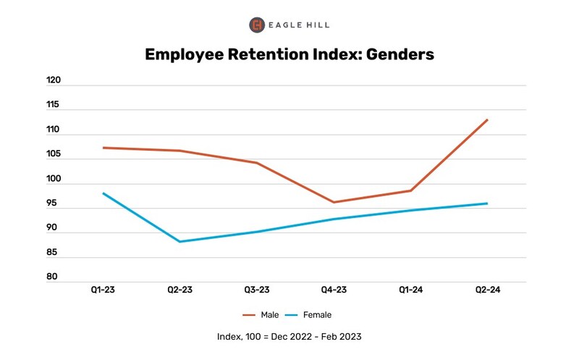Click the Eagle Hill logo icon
[x=257, y=25]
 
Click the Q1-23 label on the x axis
[x=103, y=290]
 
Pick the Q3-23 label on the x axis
[x=257, y=290]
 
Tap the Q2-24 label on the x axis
[x=487, y=290]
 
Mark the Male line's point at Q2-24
[x=487, y=120]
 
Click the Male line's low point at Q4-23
[x=334, y=202]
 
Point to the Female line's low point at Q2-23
[x=180, y=241]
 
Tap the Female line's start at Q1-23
[x=103, y=193]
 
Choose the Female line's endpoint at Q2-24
[x=487, y=204]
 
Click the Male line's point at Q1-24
[x=410, y=191]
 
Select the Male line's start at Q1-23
[x=103, y=148]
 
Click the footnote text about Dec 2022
[x=289, y=337]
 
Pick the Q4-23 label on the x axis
[x=334, y=290]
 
